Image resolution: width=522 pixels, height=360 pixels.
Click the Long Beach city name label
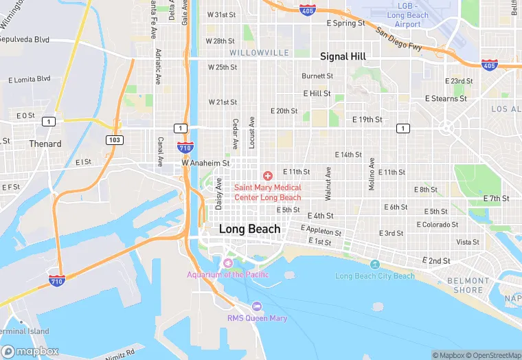click(249, 229)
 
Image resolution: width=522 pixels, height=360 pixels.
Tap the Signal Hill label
click(343, 56)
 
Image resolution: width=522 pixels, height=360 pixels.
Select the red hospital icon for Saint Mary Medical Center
click(268, 177)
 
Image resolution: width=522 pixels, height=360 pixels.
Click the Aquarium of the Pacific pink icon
click(228, 263)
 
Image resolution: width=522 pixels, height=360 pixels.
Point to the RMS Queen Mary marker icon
click(257, 306)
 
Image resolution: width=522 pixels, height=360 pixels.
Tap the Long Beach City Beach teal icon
click(375, 265)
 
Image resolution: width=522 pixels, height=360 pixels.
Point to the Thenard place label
click(45, 144)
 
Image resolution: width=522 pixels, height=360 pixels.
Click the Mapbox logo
click(30, 351)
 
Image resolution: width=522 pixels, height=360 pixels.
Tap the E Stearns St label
click(446, 98)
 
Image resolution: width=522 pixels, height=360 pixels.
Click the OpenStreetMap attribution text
click(492, 355)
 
